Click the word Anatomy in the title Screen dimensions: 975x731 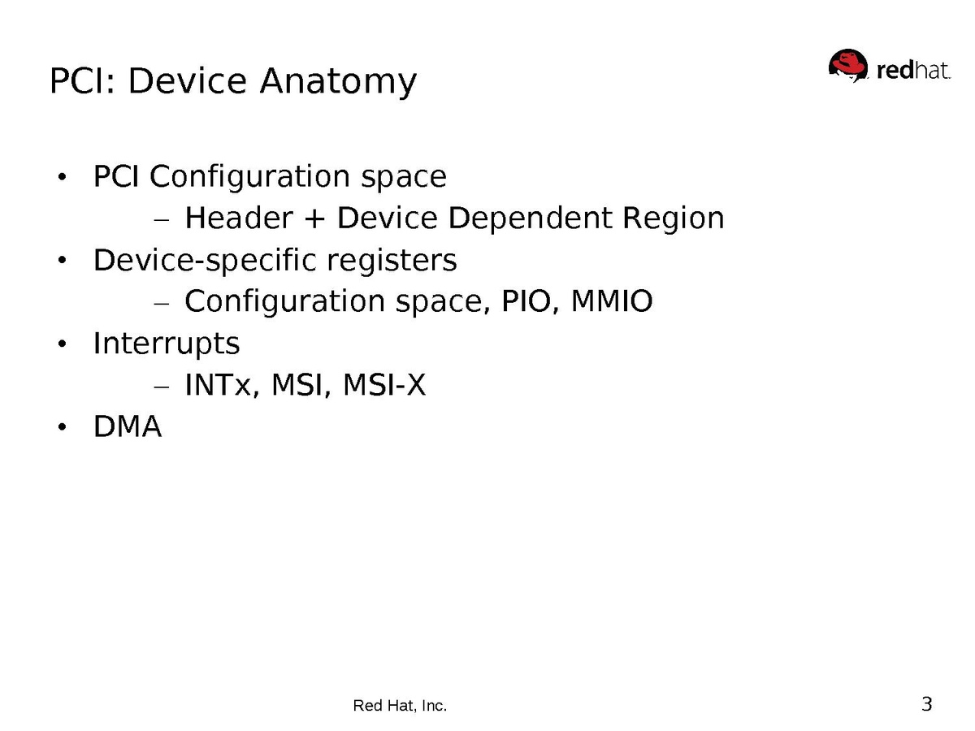[338, 82]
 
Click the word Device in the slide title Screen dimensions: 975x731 [187, 80]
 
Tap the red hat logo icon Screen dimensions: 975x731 [847, 66]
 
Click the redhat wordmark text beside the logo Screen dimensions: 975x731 [913, 71]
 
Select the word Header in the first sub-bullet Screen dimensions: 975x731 [239, 218]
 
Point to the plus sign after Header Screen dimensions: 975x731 [314, 219]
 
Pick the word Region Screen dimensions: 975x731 [673, 218]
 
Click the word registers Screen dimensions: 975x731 [392, 261]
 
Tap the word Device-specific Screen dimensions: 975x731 [206, 260]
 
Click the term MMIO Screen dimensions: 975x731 [612, 301]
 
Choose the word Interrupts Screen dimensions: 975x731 [167, 343]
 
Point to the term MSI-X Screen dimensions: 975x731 [384, 384]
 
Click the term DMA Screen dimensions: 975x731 [128, 426]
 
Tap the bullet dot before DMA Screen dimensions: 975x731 [62, 427]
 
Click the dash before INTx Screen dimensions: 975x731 [162, 387]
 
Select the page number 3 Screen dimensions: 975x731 [926, 704]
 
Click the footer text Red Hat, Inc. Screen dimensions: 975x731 [400, 705]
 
